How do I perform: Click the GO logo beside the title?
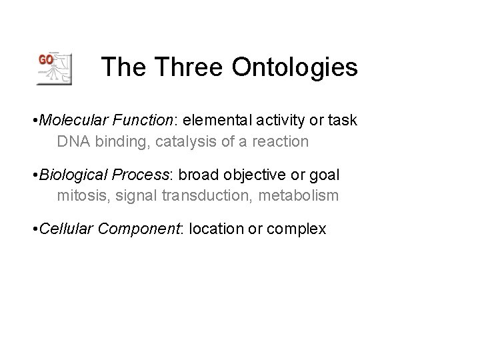click(x=54, y=68)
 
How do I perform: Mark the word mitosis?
click(x=76, y=196)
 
